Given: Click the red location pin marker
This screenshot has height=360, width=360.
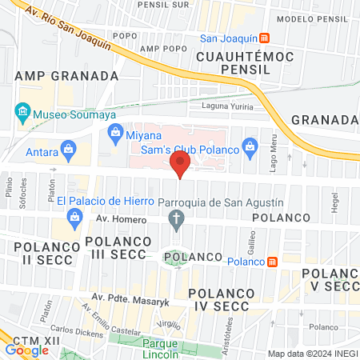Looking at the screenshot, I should coord(180,166).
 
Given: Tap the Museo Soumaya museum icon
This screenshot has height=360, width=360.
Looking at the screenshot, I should coord(22,110).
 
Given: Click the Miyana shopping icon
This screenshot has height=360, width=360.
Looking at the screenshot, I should coord(115,132).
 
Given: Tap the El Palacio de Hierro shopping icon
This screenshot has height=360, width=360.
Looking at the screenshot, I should coord(74,216).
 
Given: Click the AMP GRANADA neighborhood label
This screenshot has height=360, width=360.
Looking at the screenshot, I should coord(66,75).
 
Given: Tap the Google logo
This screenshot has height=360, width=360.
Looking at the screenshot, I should coord(26,350).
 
